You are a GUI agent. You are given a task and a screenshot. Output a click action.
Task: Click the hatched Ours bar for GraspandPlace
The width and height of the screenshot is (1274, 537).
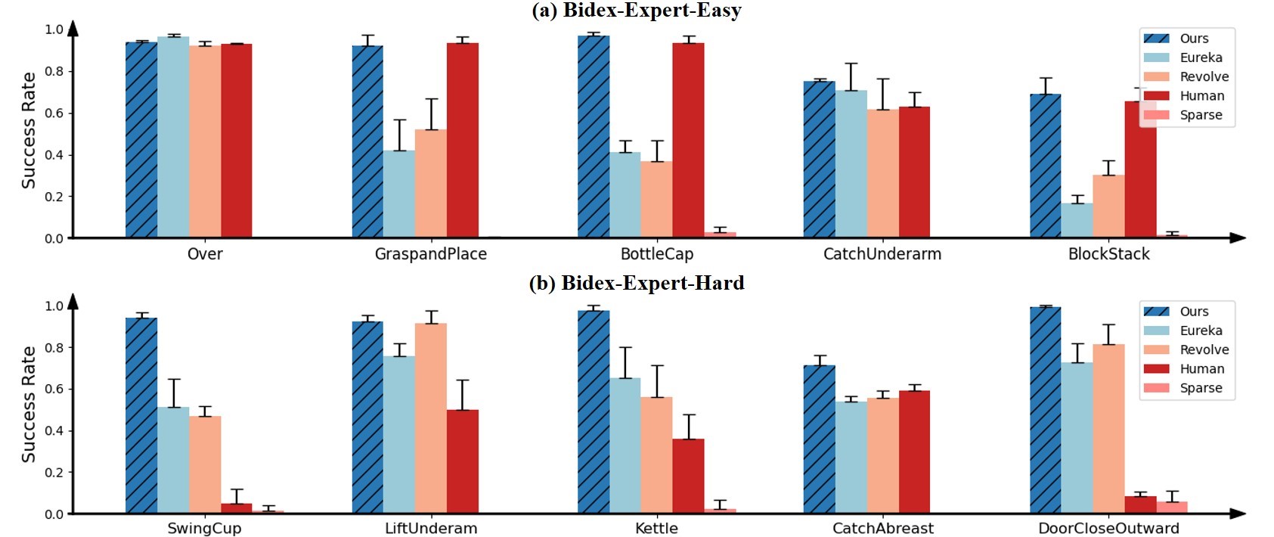coord(367,141)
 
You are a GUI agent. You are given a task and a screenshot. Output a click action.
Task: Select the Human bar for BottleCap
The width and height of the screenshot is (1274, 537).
coord(688,140)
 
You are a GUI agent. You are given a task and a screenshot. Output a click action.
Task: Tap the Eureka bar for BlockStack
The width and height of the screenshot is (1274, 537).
coord(1077,220)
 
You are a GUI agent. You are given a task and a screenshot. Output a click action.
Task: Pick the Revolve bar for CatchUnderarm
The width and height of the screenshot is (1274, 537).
coord(883,173)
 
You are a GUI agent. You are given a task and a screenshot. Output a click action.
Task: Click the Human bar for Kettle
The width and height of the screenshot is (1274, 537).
coord(688,476)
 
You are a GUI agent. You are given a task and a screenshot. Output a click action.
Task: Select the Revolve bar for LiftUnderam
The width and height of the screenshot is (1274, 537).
coord(430,418)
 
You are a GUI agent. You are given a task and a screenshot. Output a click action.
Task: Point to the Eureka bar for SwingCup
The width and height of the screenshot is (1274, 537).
coord(173,460)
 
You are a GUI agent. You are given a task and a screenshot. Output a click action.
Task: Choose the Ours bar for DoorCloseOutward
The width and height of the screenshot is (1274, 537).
coord(1046,410)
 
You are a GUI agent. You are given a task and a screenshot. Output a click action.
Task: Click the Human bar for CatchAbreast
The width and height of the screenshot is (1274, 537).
coord(915,452)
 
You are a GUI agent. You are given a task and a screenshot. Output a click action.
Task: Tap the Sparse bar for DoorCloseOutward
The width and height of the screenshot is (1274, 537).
coord(1172,508)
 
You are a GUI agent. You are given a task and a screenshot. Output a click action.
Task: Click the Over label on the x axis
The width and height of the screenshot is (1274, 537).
coord(205,253)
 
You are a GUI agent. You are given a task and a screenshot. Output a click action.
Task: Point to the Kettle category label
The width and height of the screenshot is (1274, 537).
coord(656,529)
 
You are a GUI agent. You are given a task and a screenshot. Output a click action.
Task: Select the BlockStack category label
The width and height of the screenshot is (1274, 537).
coord(1109,253)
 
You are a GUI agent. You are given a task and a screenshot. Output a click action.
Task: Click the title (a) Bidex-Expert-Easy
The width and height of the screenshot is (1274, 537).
coord(637,11)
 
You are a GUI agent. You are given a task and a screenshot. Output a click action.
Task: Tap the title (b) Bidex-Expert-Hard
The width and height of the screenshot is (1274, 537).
coord(637,283)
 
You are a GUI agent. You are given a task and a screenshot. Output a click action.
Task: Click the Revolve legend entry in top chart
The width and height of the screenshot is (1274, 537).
coord(1187,77)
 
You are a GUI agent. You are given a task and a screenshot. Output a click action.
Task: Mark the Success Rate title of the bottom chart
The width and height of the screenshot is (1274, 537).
coord(29,405)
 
